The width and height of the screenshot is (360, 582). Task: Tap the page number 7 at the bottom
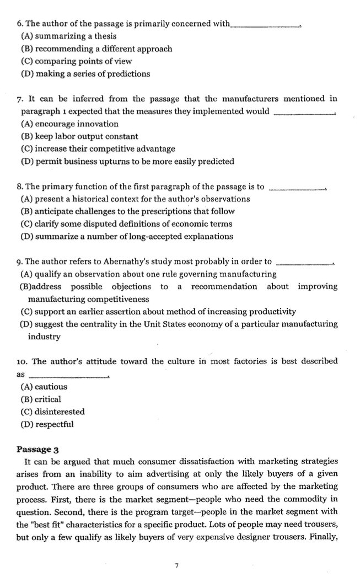(x=176, y=565)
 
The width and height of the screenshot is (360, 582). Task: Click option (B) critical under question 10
(x=41, y=399)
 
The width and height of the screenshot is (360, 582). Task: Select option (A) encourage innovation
(x=69, y=124)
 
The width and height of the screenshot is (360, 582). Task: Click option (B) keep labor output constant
(x=79, y=136)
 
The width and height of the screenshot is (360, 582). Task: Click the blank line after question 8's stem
(x=298, y=188)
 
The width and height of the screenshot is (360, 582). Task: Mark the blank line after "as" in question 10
(x=73, y=376)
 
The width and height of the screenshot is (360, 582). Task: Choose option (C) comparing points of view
(x=76, y=61)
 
